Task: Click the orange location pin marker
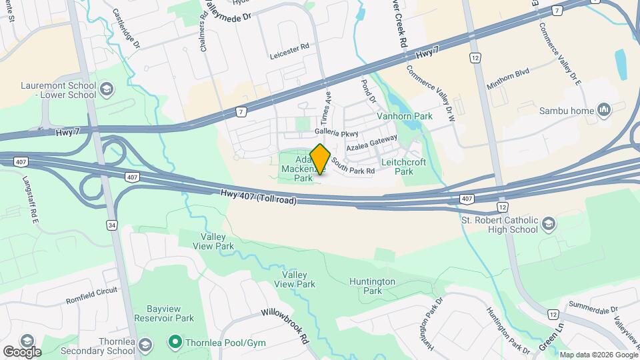click(x=321, y=159)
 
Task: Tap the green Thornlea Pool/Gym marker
click(x=175, y=342)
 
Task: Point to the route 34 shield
click(x=111, y=225)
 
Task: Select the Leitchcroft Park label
click(x=407, y=167)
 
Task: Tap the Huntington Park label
click(x=372, y=286)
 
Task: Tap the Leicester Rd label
click(x=290, y=47)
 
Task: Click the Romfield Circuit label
click(x=91, y=295)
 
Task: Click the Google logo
click(x=21, y=351)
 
